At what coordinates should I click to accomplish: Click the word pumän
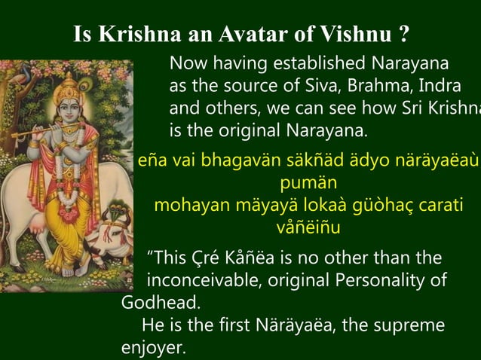click(307, 183)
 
